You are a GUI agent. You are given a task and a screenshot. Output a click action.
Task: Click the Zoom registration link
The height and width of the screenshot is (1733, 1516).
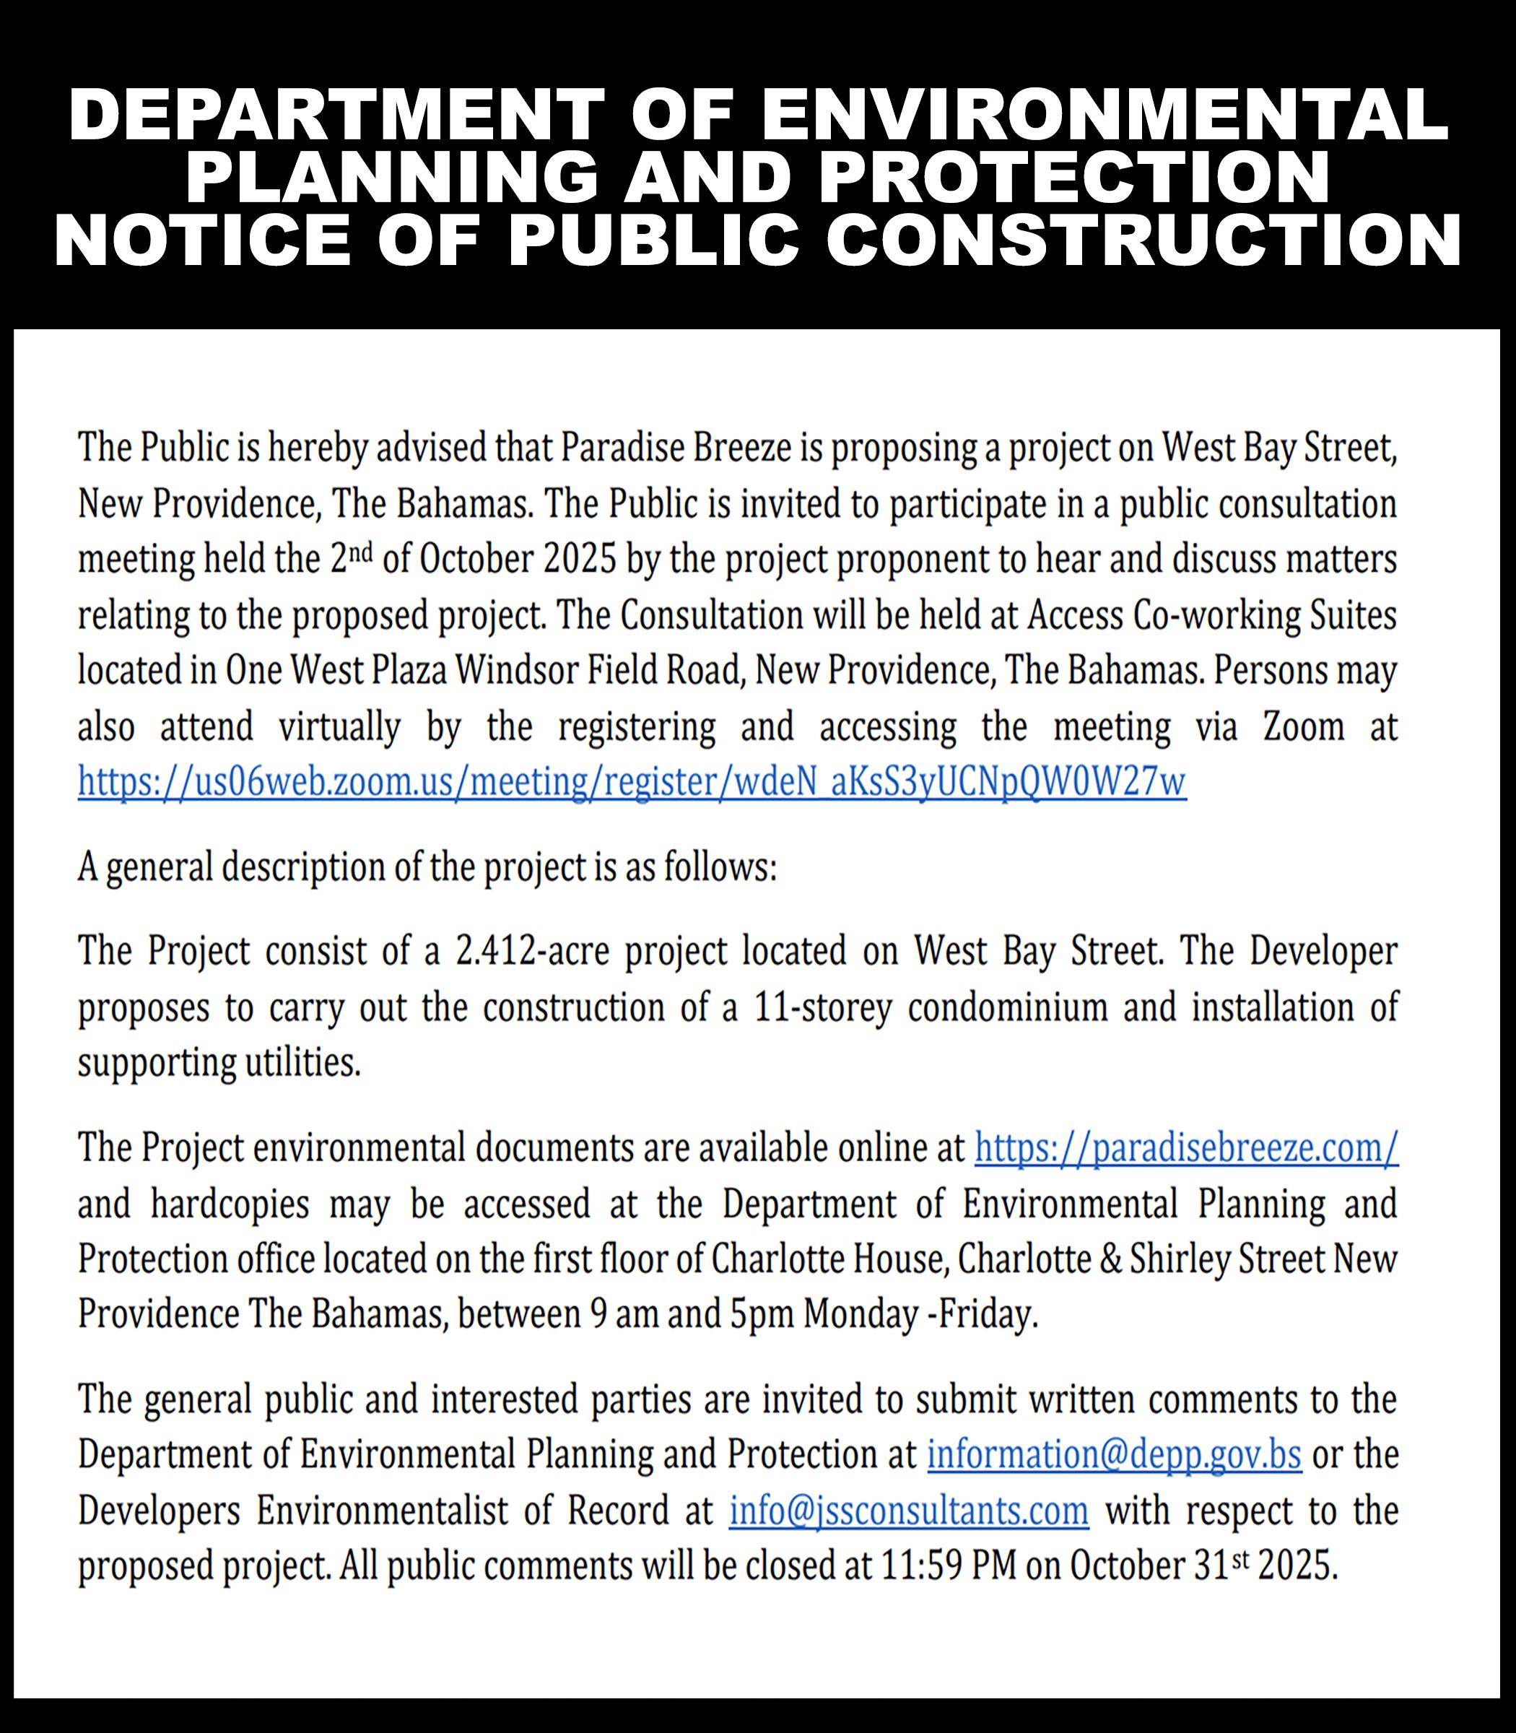click(x=632, y=782)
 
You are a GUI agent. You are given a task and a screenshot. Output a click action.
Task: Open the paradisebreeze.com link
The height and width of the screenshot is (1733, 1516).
click(x=1186, y=1149)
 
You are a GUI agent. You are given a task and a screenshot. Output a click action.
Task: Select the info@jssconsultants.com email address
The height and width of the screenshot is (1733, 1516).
click(x=909, y=1511)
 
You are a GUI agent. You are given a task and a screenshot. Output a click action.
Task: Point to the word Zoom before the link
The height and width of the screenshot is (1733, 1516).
click(x=1303, y=727)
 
